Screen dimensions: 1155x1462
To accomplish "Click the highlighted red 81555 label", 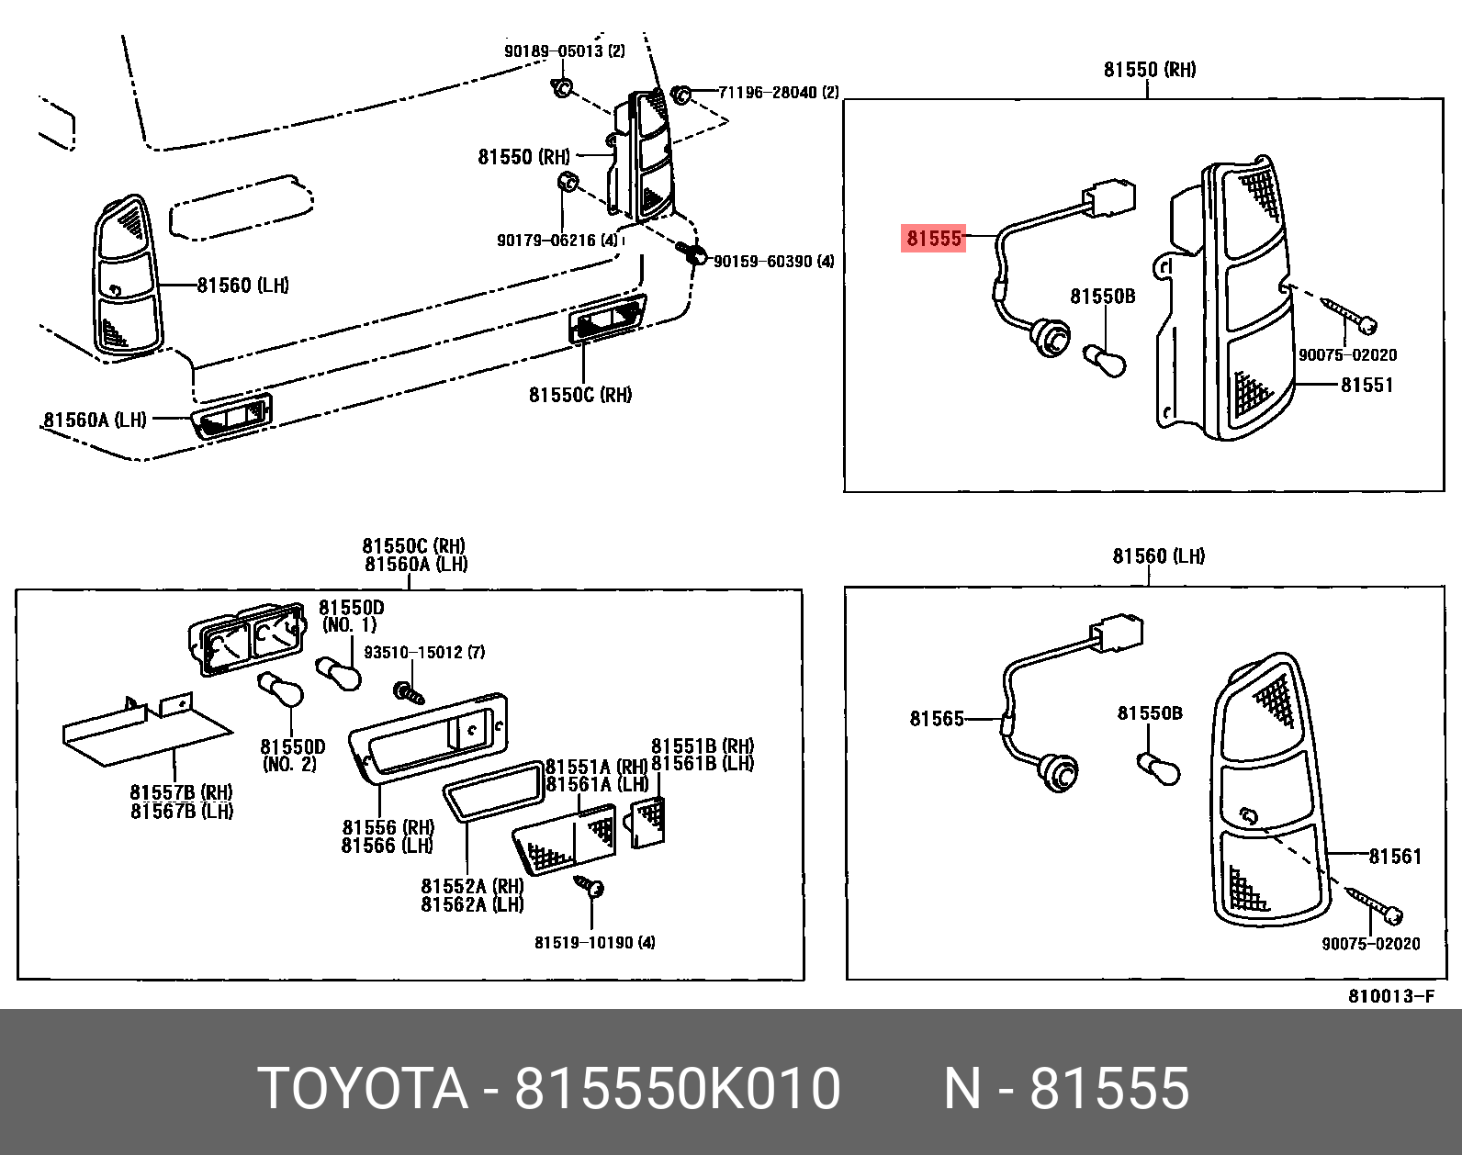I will (933, 239).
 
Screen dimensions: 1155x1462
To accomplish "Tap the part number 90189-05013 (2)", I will (564, 50).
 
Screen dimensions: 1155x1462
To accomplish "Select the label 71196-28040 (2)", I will (778, 93).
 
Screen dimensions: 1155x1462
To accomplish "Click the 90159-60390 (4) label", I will (773, 262).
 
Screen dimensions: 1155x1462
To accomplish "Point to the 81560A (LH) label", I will (95, 420).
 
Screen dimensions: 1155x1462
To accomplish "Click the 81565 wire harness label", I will (937, 719).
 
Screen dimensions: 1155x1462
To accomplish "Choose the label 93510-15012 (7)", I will (424, 653).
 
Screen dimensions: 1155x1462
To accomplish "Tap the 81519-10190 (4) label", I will (594, 943).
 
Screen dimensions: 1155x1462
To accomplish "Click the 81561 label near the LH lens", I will (1394, 857).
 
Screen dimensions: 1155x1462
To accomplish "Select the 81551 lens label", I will (1366, 386).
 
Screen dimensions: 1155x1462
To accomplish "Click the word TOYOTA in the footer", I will (363, 1089).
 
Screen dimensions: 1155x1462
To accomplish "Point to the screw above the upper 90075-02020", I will (1350, 313).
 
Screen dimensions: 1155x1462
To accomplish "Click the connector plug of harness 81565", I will (1118, 634).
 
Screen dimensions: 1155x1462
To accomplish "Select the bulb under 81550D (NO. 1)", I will (340, 673).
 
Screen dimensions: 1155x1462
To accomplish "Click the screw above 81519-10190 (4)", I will (590, 886).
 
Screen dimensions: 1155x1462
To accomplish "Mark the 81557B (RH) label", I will (181, 792).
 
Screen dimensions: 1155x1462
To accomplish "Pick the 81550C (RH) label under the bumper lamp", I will (579, 395).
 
